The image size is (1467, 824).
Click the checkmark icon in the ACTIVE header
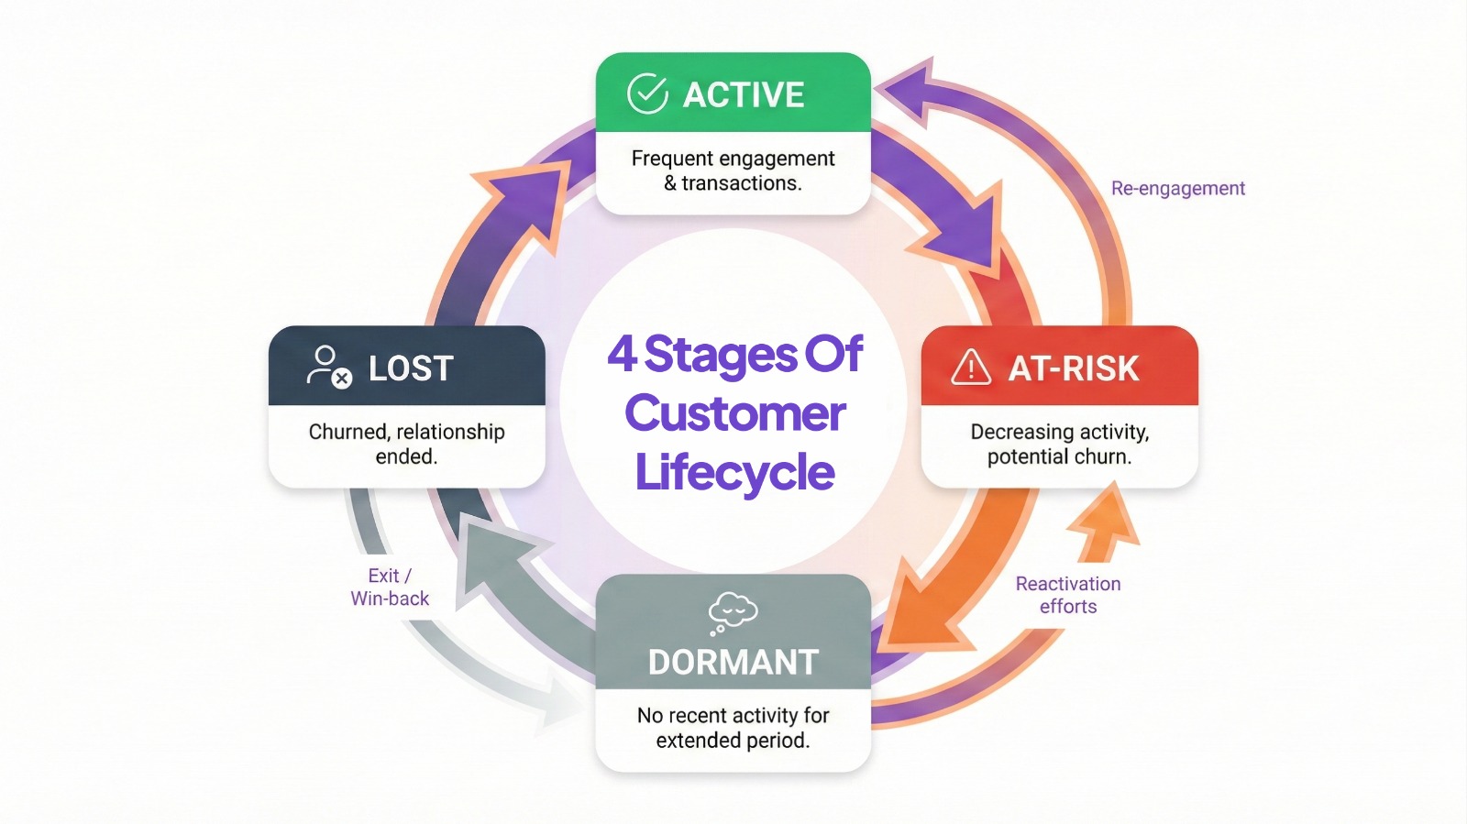point(647,93)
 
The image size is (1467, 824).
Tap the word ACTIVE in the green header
point(744,94)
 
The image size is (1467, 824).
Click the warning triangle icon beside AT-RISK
point(971,367)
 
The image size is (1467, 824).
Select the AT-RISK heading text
point(1074,368)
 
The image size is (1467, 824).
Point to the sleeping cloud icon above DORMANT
point(733,611)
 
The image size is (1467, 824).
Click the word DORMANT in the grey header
point(733,662)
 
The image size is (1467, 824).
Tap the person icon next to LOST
point(328,366)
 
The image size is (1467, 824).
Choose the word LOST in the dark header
point(411,368)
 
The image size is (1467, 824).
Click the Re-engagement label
point(1177,188)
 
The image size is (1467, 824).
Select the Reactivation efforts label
point(1068,595)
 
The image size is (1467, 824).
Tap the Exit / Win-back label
point(390,587)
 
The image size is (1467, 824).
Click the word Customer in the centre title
point(734,413)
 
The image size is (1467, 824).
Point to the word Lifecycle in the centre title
point(734,473)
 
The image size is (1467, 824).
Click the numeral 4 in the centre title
point(622,354)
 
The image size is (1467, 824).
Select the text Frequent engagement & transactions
point(733,170)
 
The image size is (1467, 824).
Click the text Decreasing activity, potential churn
point(1059,444)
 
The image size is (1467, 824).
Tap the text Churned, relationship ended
point(406,444)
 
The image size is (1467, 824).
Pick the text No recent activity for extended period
point(733,727)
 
